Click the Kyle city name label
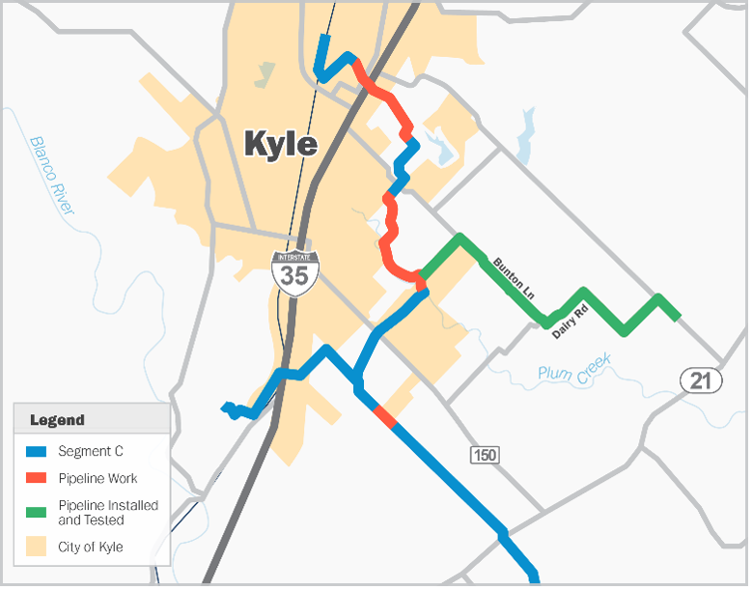(280, 144)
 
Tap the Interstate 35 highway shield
(293, 271)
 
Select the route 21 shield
(700, 380)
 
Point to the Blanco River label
(52, 174)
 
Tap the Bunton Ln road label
(513, 277)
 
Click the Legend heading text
(57, 420)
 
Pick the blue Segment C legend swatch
(37, 451)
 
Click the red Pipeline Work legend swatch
(37, 478)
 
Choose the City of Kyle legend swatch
(37, 548)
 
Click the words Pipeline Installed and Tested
(108, 513)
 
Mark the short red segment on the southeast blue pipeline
(384, 417)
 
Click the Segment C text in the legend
(91, 451)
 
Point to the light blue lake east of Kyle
(525, 136)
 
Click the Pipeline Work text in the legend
(97, 478)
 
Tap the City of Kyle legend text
(91, 548)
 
